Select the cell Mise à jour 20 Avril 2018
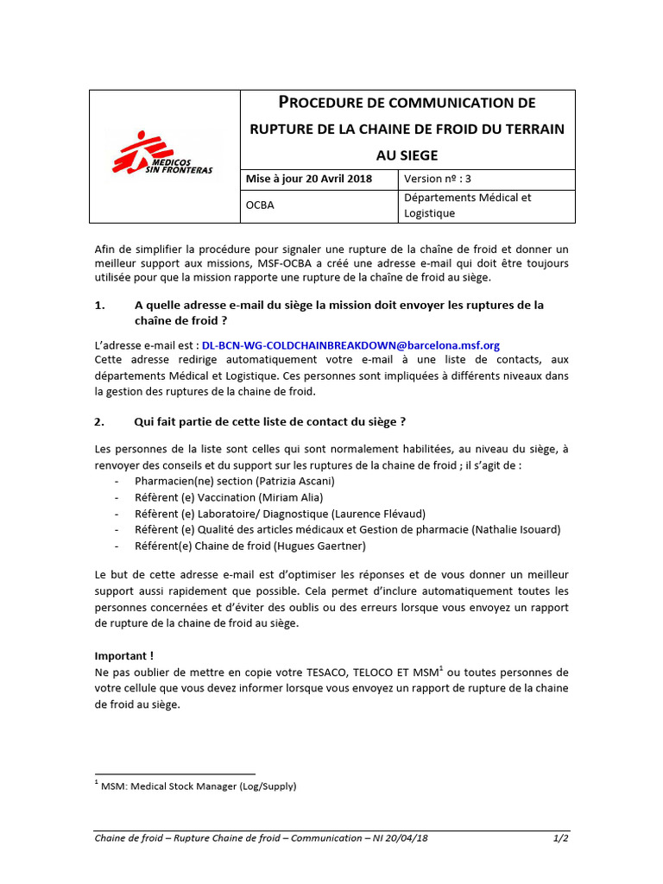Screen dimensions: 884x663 pyautogui.click(x=309, y=179)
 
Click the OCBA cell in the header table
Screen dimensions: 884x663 pyautogui.click(x=261, y=205)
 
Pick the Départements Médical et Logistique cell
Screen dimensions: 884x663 pyautogui.click(x=467, y=205)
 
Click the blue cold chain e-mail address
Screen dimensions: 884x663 pyautogui.click(x=350, y=345)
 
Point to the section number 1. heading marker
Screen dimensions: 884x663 pyautogui.click(x=100, y=305)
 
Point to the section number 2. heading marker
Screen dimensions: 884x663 pyautogui.click(x=100, y=422)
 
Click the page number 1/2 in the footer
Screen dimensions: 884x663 pyautogui.click(x=561, y=838)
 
